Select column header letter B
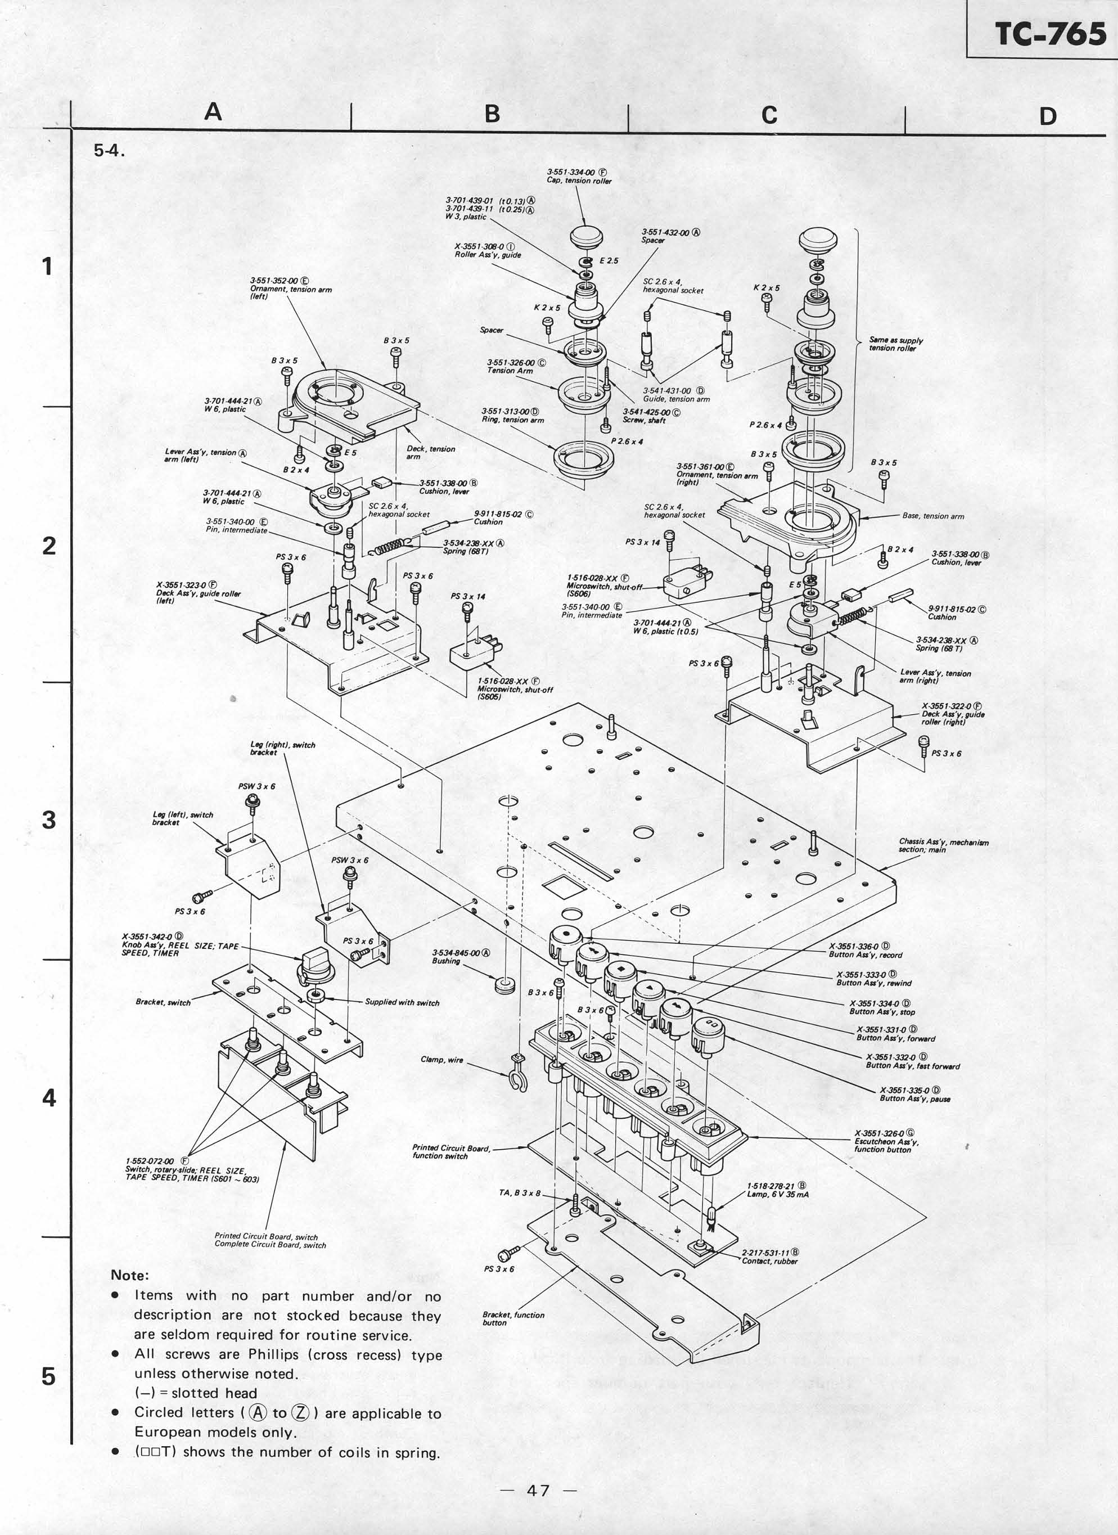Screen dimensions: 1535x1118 pos(492,114)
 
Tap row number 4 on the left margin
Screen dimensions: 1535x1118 pos(49,1097)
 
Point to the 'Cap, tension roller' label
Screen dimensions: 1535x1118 pos(579,181)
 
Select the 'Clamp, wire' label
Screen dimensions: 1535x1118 pos(442,1060)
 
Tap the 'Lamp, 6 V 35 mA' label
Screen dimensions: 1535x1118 pos(778,1195)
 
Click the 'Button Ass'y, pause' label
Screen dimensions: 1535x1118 pos(914,1099)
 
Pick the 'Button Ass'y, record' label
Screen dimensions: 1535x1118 pos(865,955)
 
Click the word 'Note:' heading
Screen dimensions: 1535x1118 pos(129,1275)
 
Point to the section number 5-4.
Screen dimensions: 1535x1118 pos(109,151)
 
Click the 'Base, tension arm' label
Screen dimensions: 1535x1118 pos(932,516)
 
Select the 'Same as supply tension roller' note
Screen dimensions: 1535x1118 pos(895,344)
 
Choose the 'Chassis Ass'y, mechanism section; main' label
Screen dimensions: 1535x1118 pos(943,845)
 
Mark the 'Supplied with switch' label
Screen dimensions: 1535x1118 pos(402,1002)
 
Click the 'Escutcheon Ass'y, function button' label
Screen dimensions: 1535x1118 pos(886,1141)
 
